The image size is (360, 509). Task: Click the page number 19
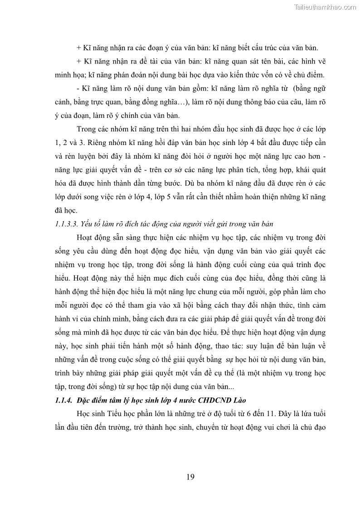(190, 476)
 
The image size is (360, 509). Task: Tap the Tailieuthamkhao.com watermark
(325, 7)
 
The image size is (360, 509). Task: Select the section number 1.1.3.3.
(67, 223)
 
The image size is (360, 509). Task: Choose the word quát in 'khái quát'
(318, 169)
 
